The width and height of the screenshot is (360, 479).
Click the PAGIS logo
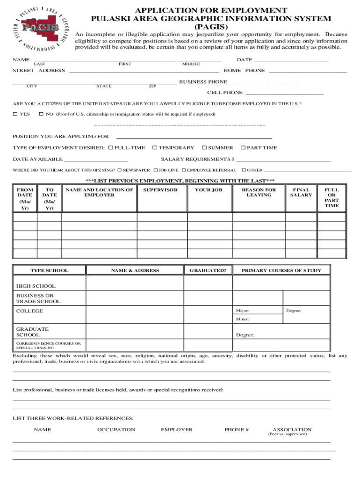(43, 28)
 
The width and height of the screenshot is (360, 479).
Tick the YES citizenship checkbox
(15, 114)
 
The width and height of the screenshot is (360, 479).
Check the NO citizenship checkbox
(41, 114)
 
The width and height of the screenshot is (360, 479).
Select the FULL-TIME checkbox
(111, 148)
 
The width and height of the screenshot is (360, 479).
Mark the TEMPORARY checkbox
(154, 148)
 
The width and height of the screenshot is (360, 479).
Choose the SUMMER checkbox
(204, 148)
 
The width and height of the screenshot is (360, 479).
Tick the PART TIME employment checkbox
(243, 148)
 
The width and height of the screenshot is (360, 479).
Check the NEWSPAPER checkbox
(119, 170)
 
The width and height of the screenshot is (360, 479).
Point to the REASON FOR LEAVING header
(259, 192)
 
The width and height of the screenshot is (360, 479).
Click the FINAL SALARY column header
(301, 192)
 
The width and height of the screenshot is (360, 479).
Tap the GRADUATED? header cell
(208, 270)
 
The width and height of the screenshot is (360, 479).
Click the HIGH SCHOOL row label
(36, 286)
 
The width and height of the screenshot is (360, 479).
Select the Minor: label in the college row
(243, 319)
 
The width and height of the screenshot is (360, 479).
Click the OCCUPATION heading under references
(116, 429)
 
